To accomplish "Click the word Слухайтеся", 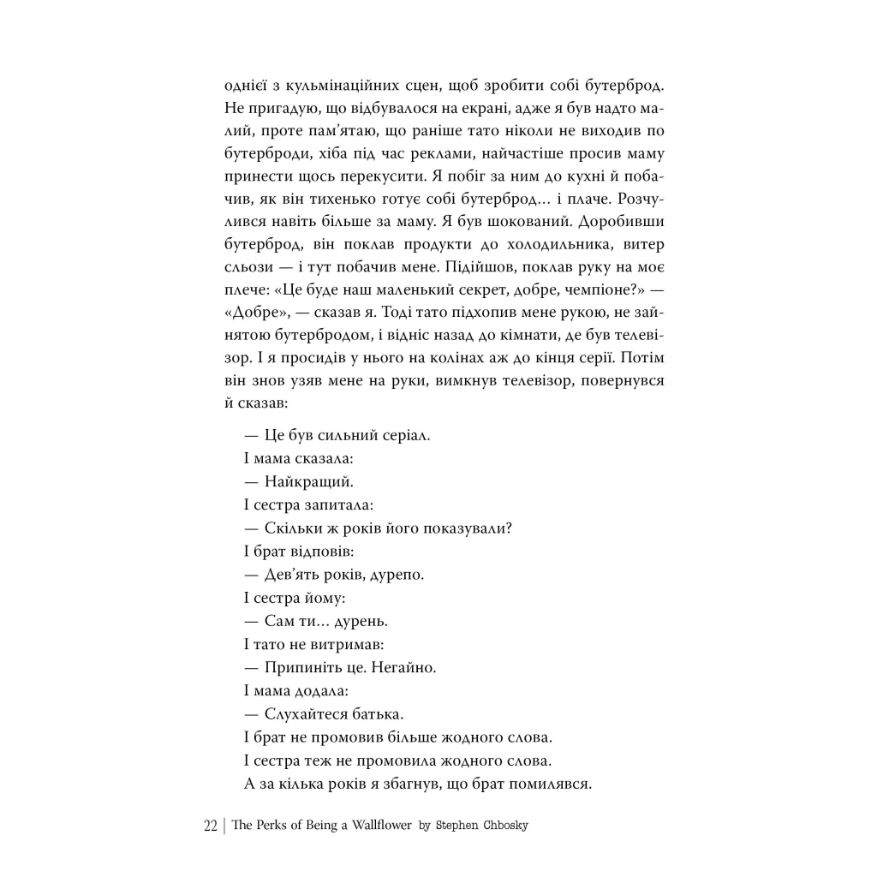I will pyautogui.click(x=307, y=713).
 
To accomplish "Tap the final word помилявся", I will pyautogui.click(x=548, y=782).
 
